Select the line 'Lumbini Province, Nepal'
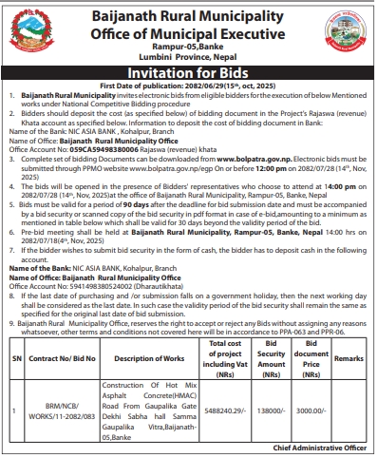coord(202,56)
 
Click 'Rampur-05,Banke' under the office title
coord(202,47)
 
